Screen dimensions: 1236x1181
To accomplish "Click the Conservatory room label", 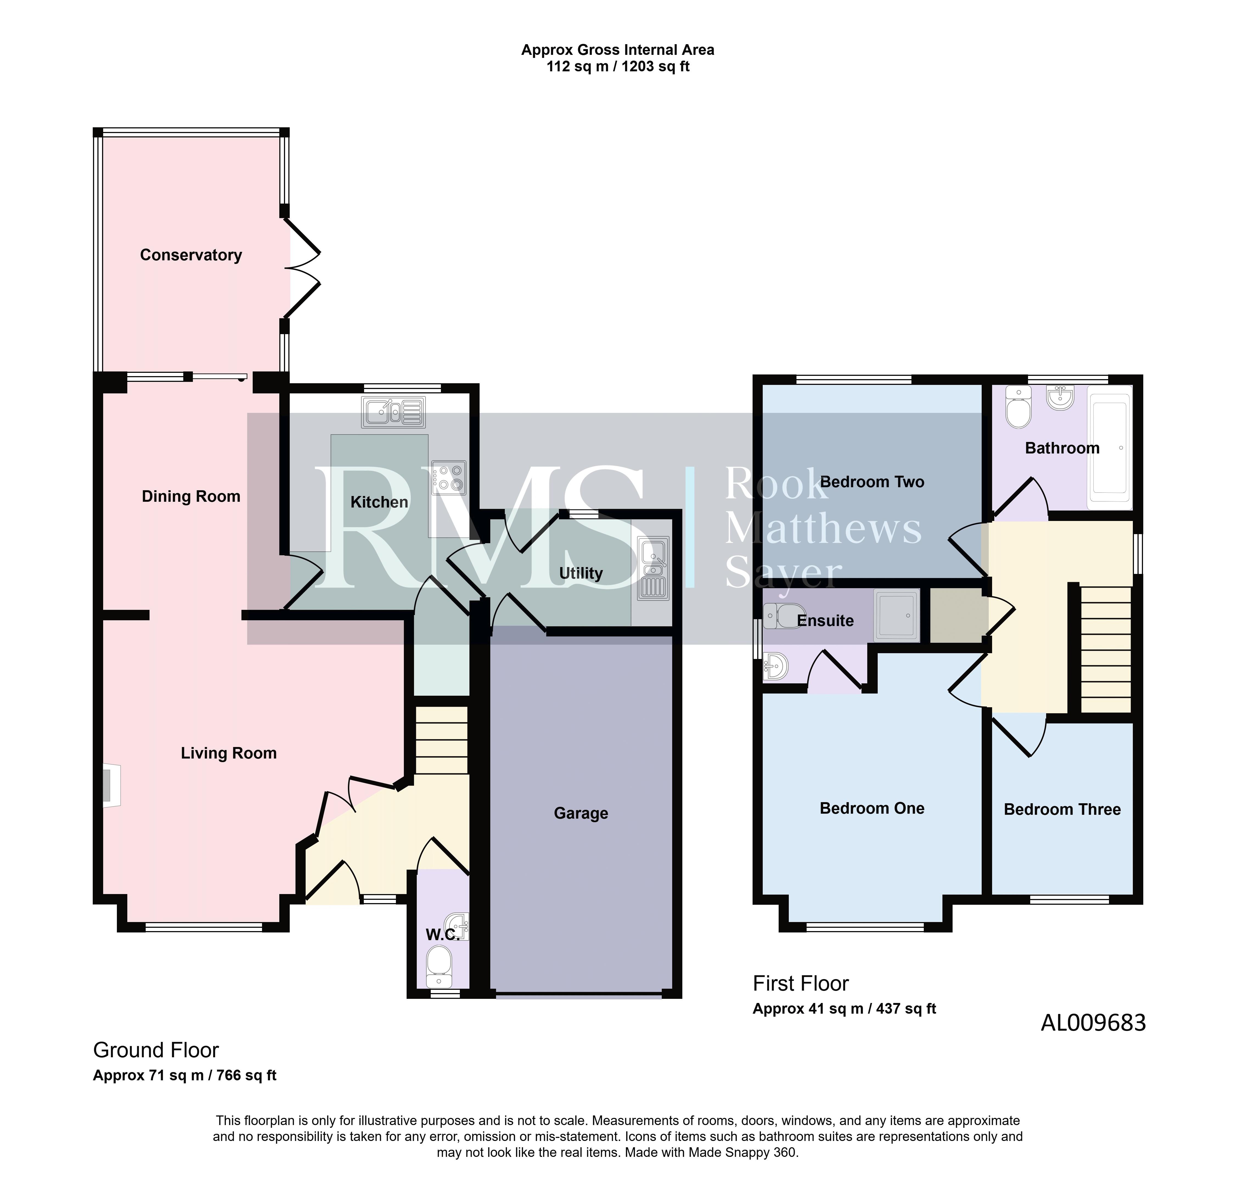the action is click(x=191, y=255).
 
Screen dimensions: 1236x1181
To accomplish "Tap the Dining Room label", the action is click(x=191, y=497).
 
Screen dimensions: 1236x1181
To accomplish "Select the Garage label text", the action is click(x=581, y=813).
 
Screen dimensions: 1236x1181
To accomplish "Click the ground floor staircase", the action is click(x=441, y=740).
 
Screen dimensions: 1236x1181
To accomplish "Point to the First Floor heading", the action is click(x=801, y=983).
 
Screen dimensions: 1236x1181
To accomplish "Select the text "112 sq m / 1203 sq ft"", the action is click(x=618, y=67).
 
